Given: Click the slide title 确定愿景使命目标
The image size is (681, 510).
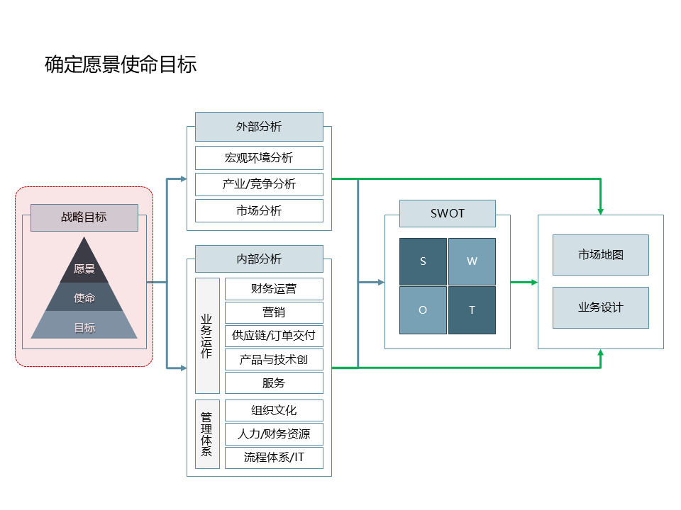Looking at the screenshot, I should pos(121,65).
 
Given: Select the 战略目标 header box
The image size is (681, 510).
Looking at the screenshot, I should pos(84,217).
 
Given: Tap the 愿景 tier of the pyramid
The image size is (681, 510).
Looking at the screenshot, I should pos(84,268).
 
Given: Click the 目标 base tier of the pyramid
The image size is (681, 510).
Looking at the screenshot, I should pos(84,327).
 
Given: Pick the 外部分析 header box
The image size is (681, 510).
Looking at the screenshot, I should pos(259,127).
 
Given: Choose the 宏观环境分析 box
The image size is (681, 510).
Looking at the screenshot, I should pos(259,158).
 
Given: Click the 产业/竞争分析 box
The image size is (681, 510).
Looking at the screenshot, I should pos(259,184).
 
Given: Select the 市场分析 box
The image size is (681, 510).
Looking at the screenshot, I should pos(259,210).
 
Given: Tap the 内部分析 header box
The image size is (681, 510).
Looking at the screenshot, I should pos(259,259).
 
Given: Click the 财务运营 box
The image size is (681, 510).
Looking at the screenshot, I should pos(274,289).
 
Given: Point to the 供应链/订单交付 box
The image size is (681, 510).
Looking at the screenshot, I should pos(274,336).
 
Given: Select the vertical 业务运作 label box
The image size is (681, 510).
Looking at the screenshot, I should pos(207,336).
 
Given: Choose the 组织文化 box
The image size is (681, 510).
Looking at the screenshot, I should pos(274,410).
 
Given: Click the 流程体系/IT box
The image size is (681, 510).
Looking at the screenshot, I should pos(274,457).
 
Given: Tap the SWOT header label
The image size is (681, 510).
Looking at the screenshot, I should pos(448,213).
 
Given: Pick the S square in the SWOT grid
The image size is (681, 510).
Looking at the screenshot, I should pos(423,261).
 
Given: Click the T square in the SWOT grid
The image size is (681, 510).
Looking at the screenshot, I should pos(472,310).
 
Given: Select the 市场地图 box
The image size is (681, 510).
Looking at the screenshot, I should pos(601,255).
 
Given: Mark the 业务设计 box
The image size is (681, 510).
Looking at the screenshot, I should pos(601,307).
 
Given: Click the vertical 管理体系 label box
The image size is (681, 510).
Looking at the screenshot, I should pos(207,434).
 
